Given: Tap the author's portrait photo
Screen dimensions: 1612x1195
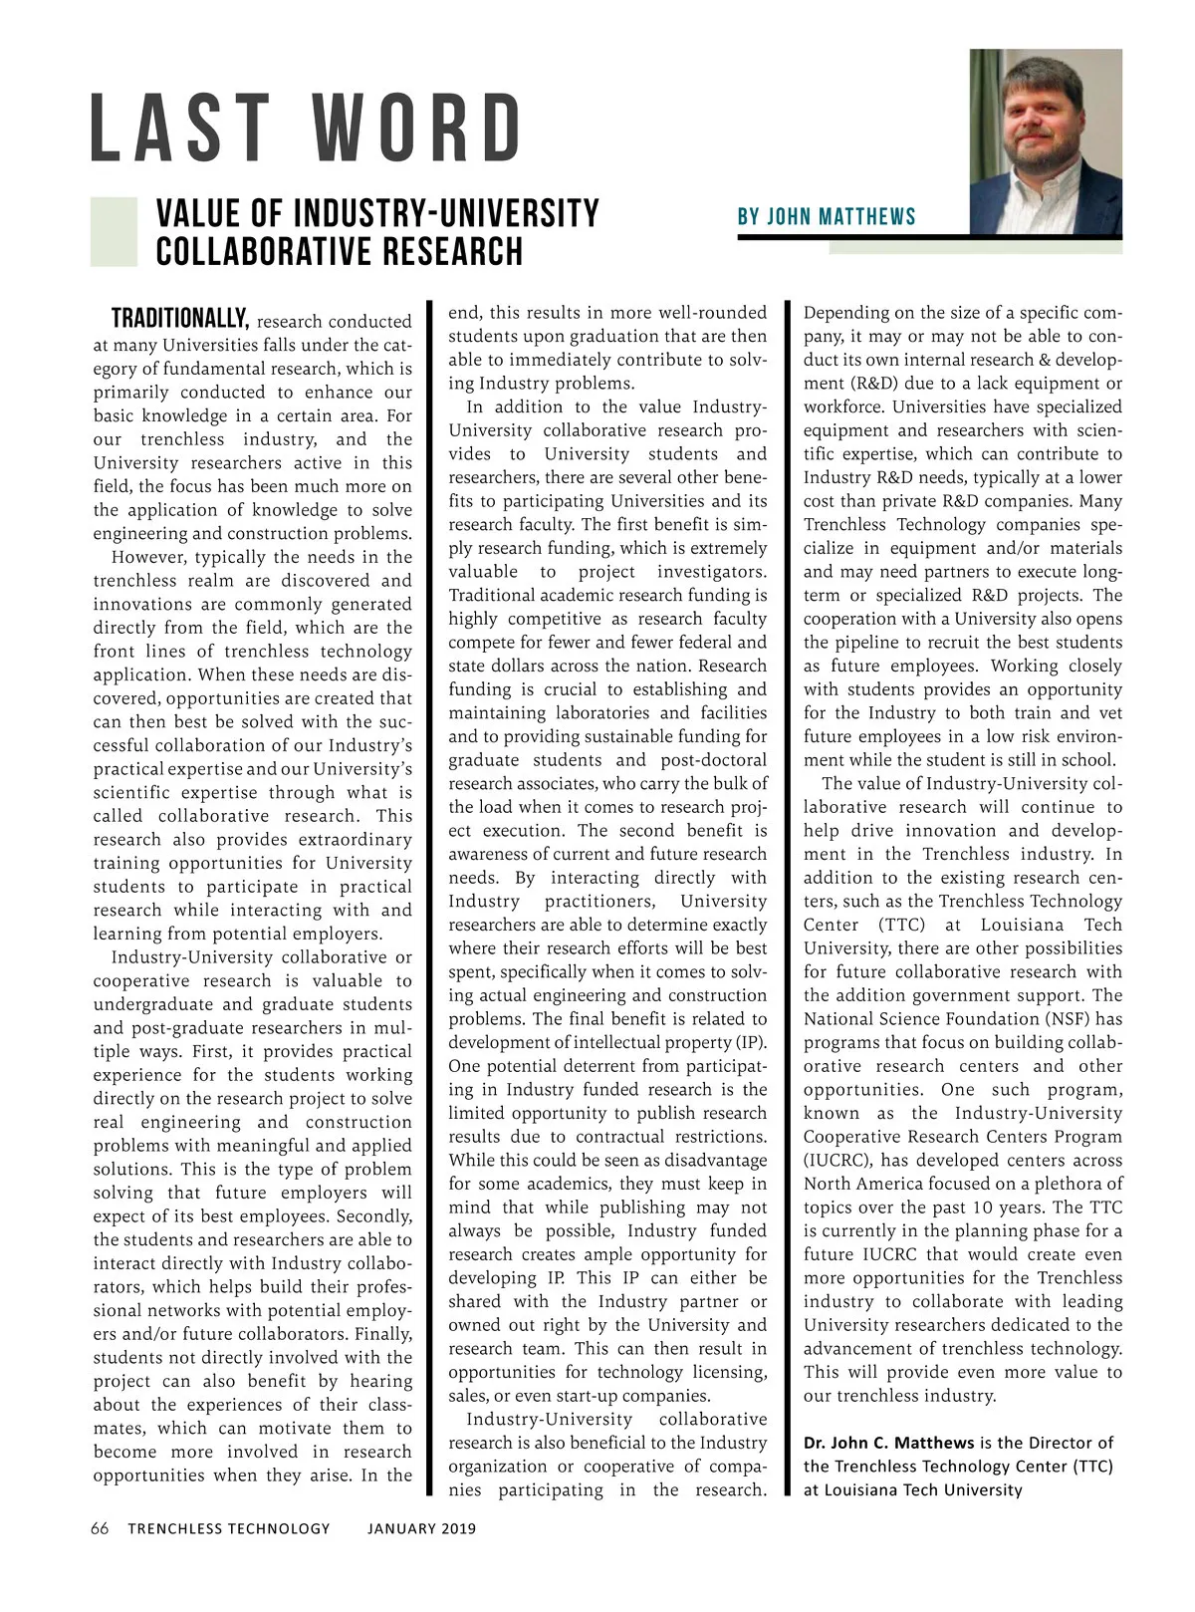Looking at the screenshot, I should pos(1046,140).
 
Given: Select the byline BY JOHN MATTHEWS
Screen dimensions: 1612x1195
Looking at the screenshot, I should pos(827,217).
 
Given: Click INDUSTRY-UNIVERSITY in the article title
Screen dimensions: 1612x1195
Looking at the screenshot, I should pos(447,214).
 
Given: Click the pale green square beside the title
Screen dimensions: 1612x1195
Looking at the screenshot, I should pos(114,232).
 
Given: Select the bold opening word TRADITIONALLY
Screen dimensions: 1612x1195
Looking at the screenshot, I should pos(179,320).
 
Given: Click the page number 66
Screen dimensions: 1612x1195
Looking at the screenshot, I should pos(100,1528).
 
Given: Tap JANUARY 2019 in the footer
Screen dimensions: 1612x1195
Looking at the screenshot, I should pos(421,1528).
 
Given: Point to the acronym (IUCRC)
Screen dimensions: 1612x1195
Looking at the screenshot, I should pos(837,1161).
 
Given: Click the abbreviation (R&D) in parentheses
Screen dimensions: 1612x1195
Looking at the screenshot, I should pos(836,384).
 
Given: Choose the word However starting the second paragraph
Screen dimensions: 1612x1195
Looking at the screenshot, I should pos(149,558).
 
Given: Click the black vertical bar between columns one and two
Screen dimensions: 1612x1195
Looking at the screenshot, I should pos(430,897).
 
